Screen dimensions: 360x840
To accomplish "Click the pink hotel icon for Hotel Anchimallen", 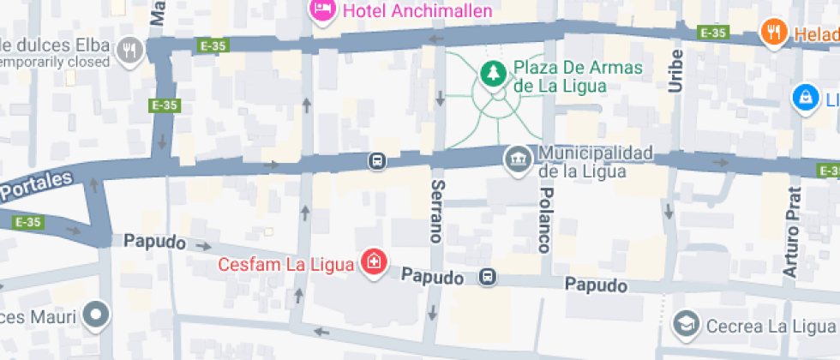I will coord(322,9).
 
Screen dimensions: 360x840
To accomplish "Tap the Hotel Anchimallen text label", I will coord(417,10).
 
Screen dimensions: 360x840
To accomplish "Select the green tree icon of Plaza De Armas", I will coord(493,75).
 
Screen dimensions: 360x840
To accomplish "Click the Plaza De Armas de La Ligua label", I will coord(560,76).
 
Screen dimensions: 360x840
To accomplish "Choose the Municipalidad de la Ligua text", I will coord(595,162).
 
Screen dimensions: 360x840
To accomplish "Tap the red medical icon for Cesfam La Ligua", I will coord(374,263).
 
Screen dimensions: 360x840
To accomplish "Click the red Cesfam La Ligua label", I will coord(285,264).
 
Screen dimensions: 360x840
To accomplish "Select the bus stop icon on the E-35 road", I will coord(376,160).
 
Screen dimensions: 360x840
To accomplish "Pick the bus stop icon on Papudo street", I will coord(487,277).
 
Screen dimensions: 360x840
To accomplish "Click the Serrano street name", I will coord(437,211).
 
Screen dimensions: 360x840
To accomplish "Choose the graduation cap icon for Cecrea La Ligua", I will coord(686,324).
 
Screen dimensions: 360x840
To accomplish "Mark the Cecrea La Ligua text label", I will coord(769,326).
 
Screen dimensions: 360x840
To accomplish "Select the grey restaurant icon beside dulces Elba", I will coord(130,51).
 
